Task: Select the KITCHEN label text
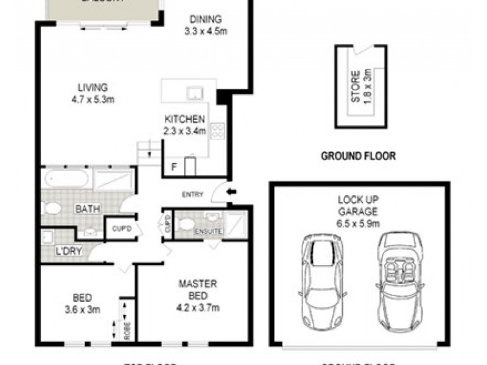point(185,119)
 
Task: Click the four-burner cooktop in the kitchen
point(218,130)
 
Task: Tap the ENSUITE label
point(209,231)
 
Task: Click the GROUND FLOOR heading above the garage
point(359,156)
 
